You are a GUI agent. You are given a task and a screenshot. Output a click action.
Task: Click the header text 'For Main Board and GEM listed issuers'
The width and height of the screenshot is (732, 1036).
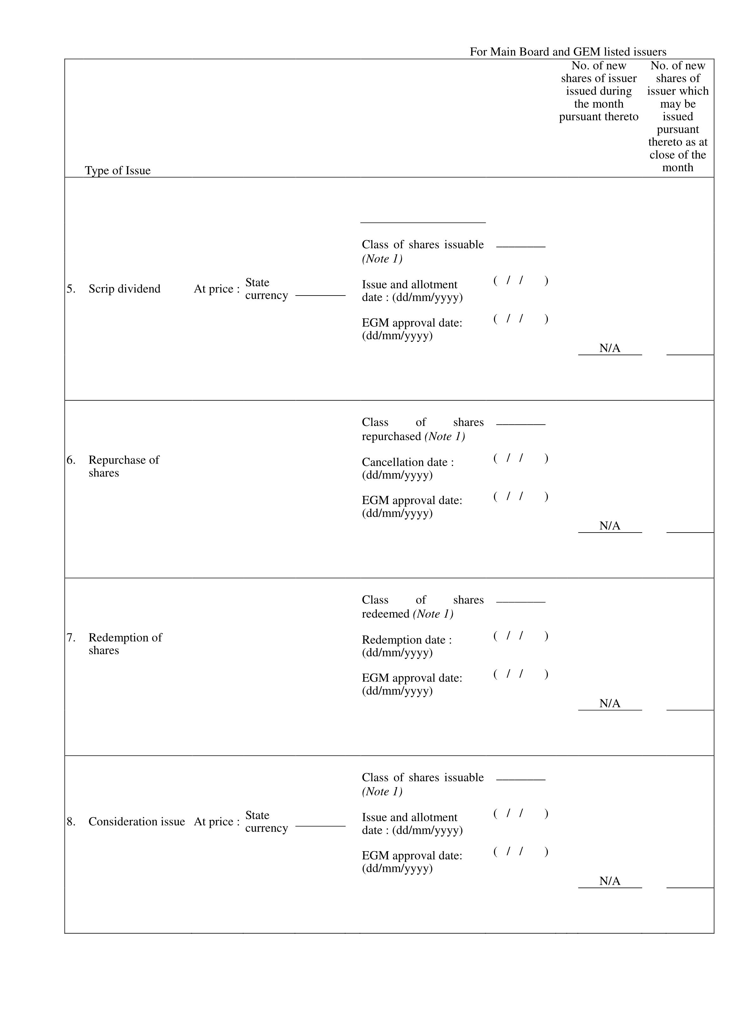coord(568,52)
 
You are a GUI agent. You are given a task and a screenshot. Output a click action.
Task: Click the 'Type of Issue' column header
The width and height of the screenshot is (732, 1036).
coord(117,171)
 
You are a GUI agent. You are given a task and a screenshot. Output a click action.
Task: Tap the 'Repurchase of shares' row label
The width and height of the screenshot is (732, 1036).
coord(124,466)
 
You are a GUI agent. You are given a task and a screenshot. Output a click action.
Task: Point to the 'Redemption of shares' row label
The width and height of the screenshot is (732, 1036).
coord(125,644)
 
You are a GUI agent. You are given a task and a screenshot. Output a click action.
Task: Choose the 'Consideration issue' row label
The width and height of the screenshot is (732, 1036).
coord(136,822)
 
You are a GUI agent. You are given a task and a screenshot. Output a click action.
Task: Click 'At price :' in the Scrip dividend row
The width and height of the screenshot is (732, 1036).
coord(216,289)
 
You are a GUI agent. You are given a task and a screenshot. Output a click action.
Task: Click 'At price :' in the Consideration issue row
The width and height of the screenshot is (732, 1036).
coord(216,822)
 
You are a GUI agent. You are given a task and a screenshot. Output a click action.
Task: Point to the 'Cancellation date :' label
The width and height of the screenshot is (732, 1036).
coord(408,463)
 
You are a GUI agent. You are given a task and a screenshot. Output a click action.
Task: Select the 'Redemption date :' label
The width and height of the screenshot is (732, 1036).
coord(407,640)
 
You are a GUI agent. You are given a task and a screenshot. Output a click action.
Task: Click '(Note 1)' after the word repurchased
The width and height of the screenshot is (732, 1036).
coord(445,436)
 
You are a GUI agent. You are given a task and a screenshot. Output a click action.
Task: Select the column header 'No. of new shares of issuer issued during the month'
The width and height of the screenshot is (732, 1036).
coord(598,91)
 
